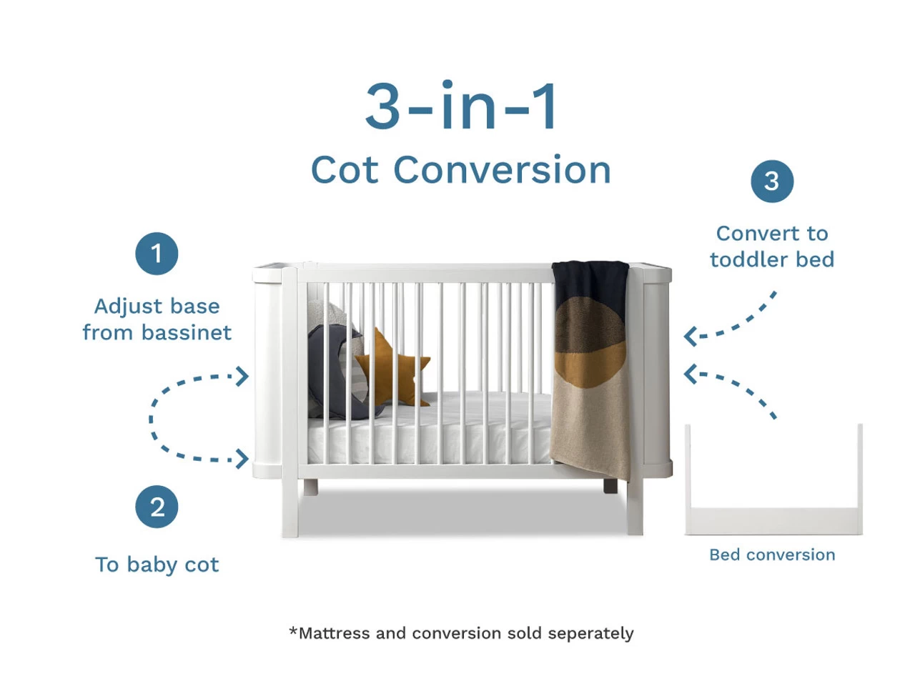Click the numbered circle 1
[157, 254]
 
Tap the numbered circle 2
[157, 507]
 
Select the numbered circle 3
[772, 181]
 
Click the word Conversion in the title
[502, 170]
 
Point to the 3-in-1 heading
[461, 107]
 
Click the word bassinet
[187, 332]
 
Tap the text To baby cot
[157, 565]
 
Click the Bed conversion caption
[772, 555]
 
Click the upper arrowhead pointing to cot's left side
[243, 376]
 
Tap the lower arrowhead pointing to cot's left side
[243, 459]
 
